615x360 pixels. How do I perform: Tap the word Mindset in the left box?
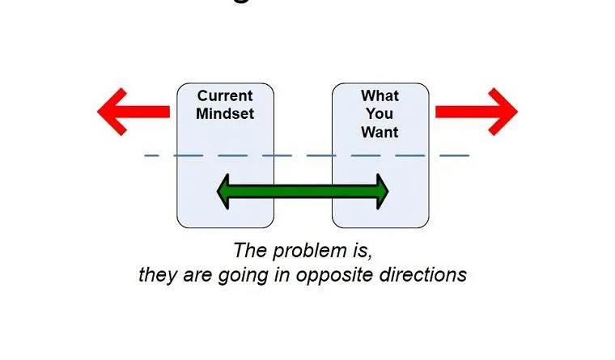tap(225, 114)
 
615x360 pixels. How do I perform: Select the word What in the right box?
tap(380, 96)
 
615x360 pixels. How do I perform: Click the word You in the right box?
tap(380, 114)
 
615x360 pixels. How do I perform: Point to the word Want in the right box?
tap(380, 132)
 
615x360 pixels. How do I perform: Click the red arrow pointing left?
tap(134, 111)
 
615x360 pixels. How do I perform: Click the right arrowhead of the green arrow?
tap(377, 192)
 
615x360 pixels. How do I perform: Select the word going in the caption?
tap(231, 275)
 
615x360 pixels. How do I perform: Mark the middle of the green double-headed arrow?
tap(303, 192)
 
